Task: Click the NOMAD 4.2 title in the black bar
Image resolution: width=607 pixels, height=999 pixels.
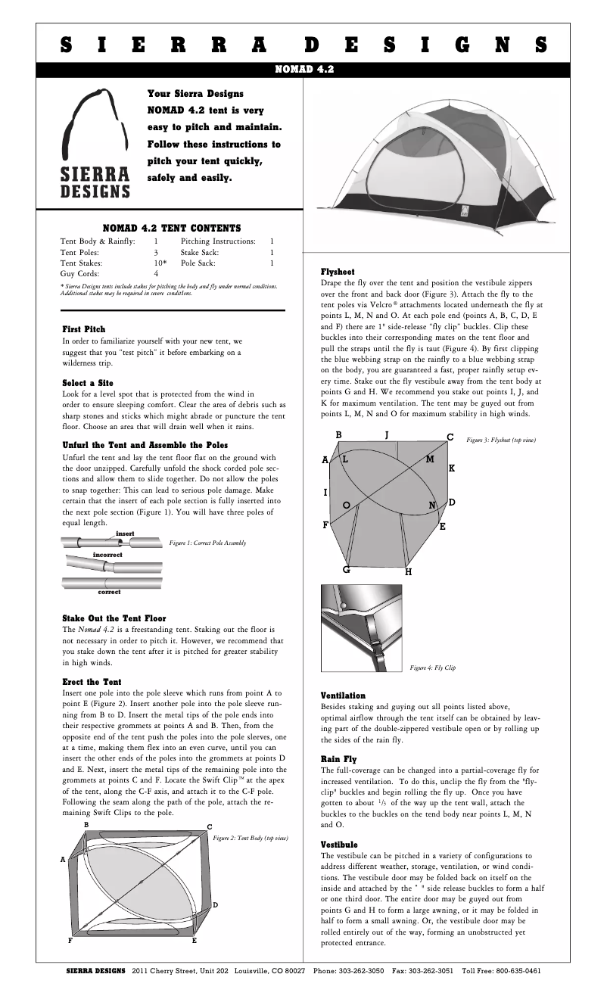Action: pyautogui.click(x=303, y=69)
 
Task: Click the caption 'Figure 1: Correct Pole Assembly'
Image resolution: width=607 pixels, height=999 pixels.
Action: pyautogui.click(x=207, y=543)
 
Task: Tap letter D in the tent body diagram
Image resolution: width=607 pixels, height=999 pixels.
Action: pyautogui.click(x=215, y=905)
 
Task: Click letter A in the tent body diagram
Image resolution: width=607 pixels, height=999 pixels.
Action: pyautogui.click(x=63, y=860)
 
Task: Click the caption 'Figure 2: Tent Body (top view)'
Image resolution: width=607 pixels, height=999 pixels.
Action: pyautogui.click(x=251, y=839)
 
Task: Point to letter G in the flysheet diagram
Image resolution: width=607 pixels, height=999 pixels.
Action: pyautogui.click(x=346, y=569)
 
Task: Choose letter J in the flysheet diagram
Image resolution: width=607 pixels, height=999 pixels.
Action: pyautogui.click(x=386, y=435)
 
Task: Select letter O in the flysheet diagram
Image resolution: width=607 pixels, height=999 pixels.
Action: pyautogui.click(x=346, y=505)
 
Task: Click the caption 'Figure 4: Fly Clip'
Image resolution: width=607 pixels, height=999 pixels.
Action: pyautogui.click(x=432, y=668)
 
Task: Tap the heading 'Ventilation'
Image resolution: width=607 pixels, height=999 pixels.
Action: pyautogui.click(x=343, y=696)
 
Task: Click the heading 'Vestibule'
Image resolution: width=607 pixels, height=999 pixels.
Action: pyautogui.click(x=339, y=844)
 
